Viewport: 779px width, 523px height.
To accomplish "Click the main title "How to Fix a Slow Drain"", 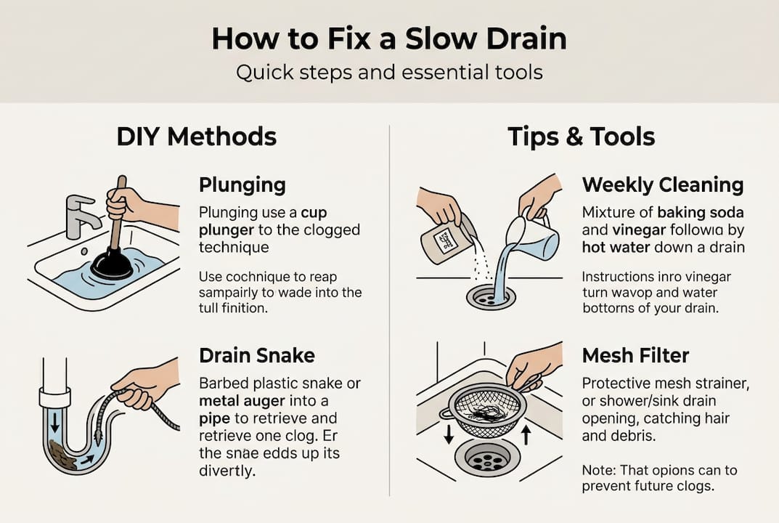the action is (x=389, y=38).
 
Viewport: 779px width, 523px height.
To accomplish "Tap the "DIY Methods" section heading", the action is (x=197, y=137).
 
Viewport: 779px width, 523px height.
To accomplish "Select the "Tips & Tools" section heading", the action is (x=582, y=137).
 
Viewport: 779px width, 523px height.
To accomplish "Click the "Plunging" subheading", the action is (x=242, y=185).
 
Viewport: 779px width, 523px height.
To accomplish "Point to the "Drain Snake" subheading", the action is (x=257, y=355).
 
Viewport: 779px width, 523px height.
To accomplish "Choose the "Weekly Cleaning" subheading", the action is (x=663, y=185).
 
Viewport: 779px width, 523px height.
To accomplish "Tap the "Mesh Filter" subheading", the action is (x=635, y=355).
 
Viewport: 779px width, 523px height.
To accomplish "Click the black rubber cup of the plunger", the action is (x=111, y=264).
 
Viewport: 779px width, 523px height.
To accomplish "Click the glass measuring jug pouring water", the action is (x=531, y=237).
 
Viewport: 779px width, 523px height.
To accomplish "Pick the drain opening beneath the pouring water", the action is (x=491, y=297).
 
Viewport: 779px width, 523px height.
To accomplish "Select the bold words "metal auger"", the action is (x=242, y=401).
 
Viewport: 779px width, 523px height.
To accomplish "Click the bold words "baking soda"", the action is (x=701, y=212).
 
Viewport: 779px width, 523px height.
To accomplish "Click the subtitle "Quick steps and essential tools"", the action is (x=389, y=73).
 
